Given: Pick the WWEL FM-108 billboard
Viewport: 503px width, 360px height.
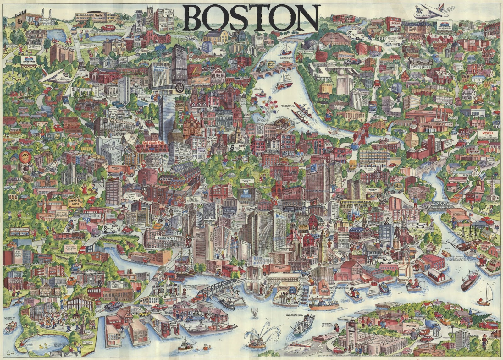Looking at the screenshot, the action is [488, 134].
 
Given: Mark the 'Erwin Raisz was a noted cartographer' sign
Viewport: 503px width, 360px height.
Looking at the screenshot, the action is [63, 215].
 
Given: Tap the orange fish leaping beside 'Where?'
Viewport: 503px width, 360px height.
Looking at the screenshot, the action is [445, 254].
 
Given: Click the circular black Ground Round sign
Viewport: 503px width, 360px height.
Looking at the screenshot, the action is [180, 87].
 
